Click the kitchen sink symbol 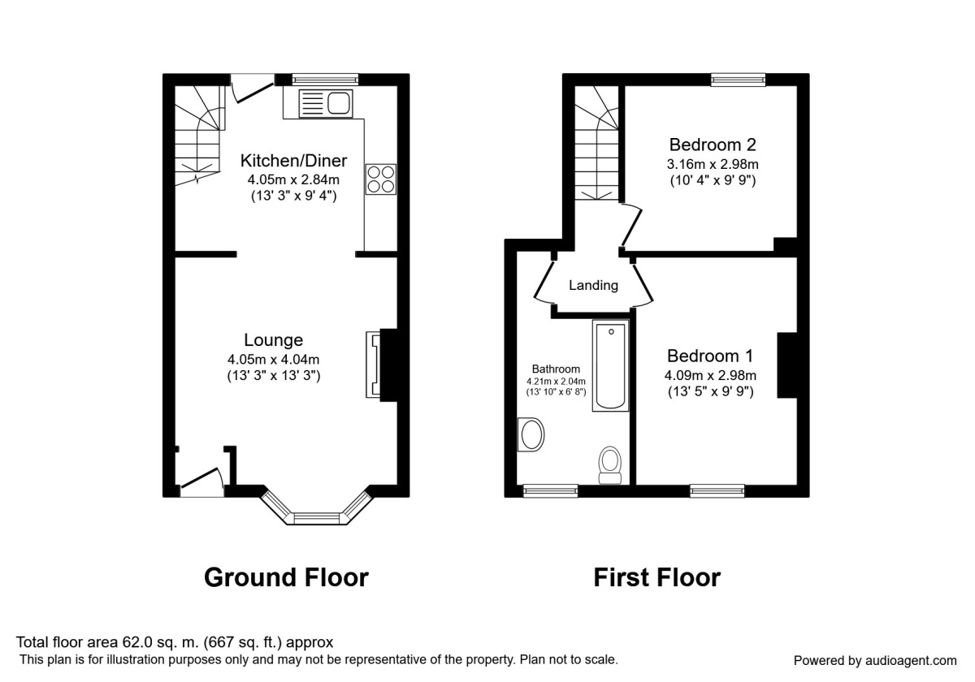point(325,104)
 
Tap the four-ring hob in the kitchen point(380,179)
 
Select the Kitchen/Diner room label point(293,160)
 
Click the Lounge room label point(274,340)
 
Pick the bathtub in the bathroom point(611,366)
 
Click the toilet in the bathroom point(609,464)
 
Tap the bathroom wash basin point(531,434)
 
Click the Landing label point(593,285)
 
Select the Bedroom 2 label point(713,145)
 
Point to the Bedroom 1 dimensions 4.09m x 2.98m point(711,375)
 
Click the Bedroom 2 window point(738,79)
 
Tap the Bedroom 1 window point(717,490)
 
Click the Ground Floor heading point(286,577)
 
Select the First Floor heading point(656,577)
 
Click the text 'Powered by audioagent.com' point(875,660)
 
